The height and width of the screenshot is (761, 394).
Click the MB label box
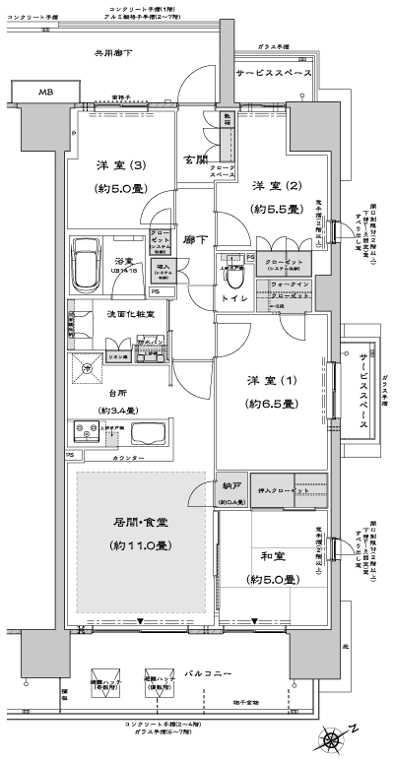(45, 92)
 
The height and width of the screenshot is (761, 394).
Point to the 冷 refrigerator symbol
(89, 368)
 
